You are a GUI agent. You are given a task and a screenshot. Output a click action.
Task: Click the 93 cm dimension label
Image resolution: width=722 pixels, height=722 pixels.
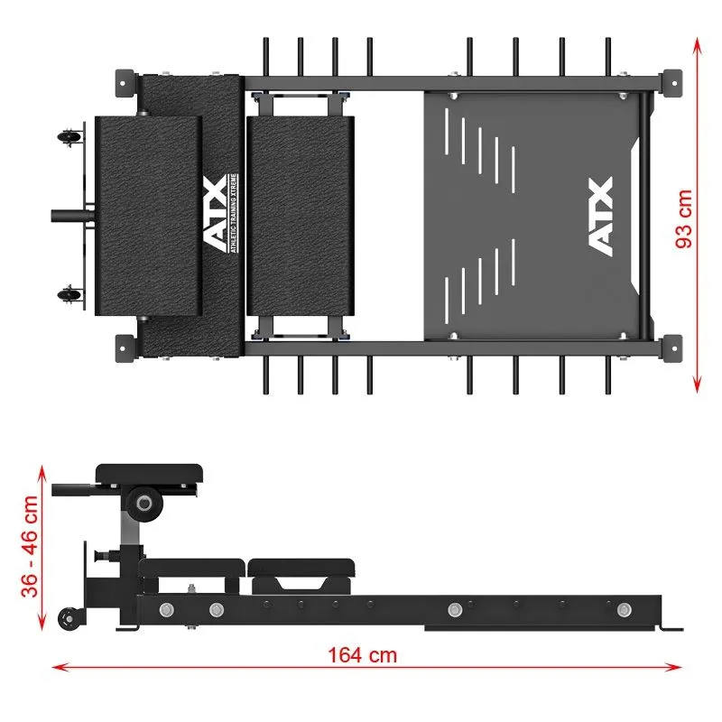tap(684, 218)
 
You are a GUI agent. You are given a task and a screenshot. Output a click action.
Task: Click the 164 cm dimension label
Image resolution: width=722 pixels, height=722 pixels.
tap(363, 655)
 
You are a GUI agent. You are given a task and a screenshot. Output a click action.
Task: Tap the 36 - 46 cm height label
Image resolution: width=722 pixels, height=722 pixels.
tap(30, 547)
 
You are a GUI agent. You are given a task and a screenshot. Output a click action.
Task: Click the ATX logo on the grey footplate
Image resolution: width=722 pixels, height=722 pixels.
tap(601, 217)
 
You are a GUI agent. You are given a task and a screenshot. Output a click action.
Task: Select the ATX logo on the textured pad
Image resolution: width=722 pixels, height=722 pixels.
tap(215, 213)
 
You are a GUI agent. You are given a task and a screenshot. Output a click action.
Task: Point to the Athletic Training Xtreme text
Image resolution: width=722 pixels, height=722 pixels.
tap(234, 213)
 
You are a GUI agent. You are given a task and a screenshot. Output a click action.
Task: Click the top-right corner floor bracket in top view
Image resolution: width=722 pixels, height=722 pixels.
tap(672, 83)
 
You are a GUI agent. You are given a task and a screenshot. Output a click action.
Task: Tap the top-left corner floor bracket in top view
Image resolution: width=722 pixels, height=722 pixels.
tap(125, 83)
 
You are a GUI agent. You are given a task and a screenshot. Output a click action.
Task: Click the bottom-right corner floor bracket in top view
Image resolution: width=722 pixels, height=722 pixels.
tap(672, 348)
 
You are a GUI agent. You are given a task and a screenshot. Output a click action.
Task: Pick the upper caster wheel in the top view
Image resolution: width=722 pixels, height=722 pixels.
tap(69, 137)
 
